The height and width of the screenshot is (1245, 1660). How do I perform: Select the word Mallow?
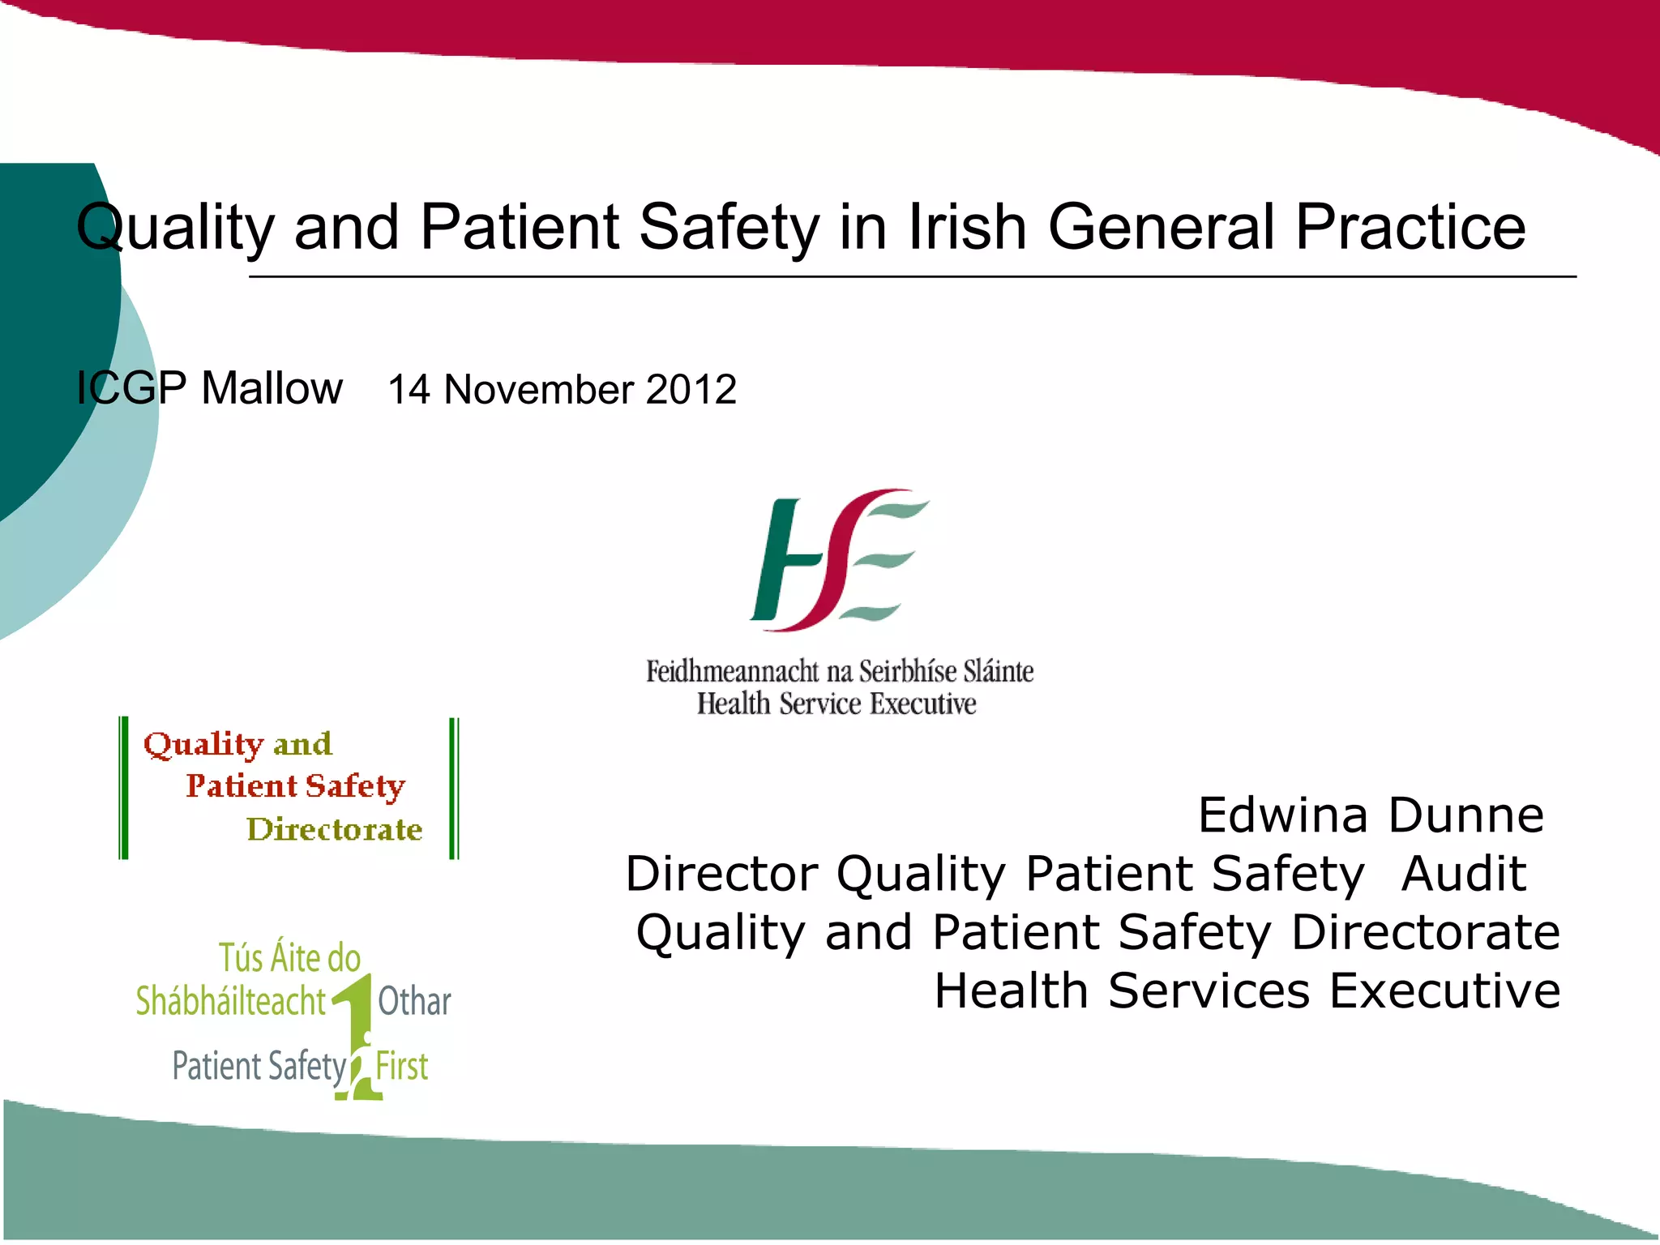272,388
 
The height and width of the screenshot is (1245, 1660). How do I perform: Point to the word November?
539,390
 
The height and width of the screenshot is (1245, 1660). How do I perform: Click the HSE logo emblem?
838,560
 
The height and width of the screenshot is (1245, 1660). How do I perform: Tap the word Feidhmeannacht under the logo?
733,672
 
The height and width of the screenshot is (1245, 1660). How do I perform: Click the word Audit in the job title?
1464,874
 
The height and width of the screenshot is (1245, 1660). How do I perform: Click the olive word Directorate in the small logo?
334,829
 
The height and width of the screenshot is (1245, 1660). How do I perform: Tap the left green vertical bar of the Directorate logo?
123,788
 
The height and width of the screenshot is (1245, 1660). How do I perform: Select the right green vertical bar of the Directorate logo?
454,788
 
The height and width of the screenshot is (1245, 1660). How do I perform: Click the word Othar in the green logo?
414,1001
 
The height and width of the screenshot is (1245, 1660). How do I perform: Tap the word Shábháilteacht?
230,1001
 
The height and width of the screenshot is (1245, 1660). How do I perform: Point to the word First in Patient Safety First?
402,1066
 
